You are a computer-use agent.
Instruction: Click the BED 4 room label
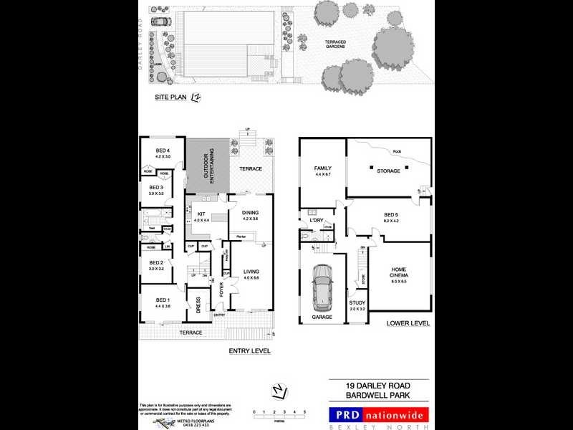click(x=163, y=151)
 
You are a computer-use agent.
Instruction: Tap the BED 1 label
click(x=163, y=300)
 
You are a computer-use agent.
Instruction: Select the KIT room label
click(x=201, y=213)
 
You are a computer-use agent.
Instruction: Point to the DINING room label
click(x=250, y=213)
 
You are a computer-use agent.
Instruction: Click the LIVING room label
click(x=251, y=272)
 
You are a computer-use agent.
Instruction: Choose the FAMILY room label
click(x=322, y=168)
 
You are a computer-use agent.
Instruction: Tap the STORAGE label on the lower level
click(x=389, y=171)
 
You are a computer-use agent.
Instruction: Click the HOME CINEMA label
click(x=399, y=273)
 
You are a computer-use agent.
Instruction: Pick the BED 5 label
click(x=390, y=214)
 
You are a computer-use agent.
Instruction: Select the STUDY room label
click(x=357, y=303)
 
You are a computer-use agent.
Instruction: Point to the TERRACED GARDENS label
click(x=334, y=44)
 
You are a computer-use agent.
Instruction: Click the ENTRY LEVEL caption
click(x=249, y=351)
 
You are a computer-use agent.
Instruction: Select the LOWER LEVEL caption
click(x=408, y=323)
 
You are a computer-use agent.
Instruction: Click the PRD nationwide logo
click(x=378, y=414)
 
